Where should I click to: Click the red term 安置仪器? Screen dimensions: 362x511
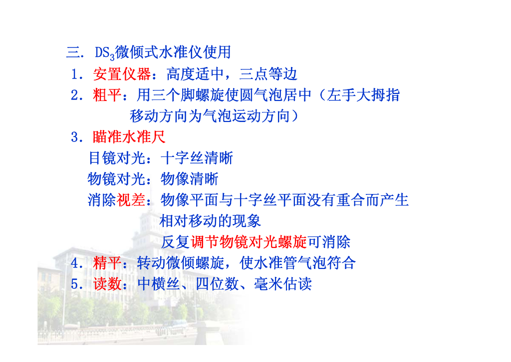point(122,74)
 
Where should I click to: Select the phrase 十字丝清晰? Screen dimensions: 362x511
point(197,158)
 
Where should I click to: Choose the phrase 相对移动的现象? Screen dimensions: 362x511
point(210,220)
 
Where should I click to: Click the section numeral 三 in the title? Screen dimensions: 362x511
point(73,52)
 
